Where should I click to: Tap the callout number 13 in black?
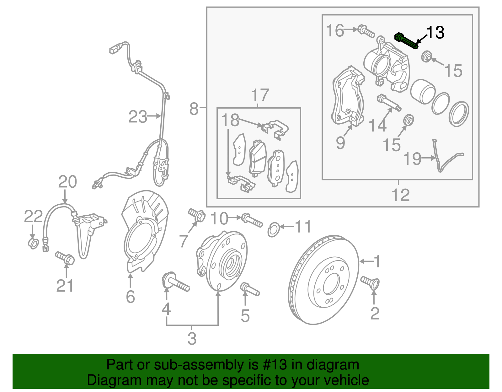[435, 33]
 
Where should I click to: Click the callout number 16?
[335, 31]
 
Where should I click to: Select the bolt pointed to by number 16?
[366, 31]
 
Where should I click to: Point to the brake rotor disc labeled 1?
[323, 279]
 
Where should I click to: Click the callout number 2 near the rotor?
[375, 313]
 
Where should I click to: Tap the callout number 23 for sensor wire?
[137, 117]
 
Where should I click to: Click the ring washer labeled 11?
[273, 230]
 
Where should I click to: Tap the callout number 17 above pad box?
[260, 95]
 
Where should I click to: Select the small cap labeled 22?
[33, 243]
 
